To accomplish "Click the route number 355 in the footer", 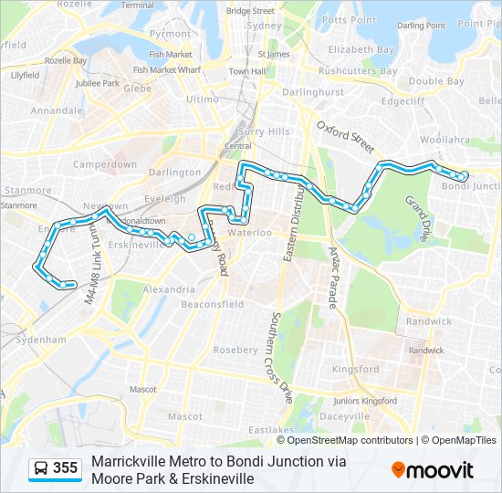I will (x=66, y=468).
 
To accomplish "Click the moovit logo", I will (x=433, y=469).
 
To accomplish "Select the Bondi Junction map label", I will (x=472, y=186).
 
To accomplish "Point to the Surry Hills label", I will (x=265, y=131).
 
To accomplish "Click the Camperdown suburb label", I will (x=105, y=165).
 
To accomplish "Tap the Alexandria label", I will (x=169, y=289).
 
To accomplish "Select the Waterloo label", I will (x=250, y=233).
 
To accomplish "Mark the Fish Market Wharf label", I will (x=166, y=69).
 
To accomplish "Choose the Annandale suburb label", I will (x=57, y=110).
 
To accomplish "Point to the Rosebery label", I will (x=235, y=350).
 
